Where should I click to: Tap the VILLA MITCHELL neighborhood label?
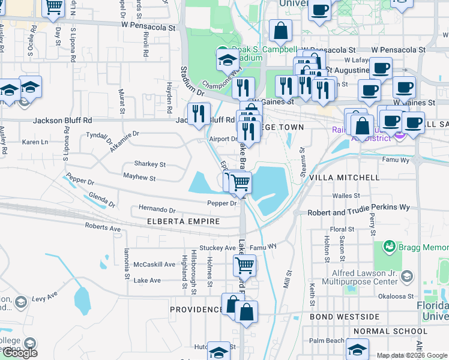(x=344, y=178)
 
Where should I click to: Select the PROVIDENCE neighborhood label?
(x=196, y=310)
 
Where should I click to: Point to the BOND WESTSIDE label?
(x=345, y=316)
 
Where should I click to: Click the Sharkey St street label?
(x=150, y=164)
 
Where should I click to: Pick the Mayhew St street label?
(x=139, y=178)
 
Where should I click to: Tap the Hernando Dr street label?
(x=157, y=211)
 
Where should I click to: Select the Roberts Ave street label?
(x=103, y=229)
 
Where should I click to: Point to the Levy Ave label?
(x=44, y=296)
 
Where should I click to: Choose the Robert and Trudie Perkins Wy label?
(x=358, y=213)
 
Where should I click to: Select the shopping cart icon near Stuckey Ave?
(x=244, y=265)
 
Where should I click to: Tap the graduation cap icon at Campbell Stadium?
(x=228, y=60)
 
